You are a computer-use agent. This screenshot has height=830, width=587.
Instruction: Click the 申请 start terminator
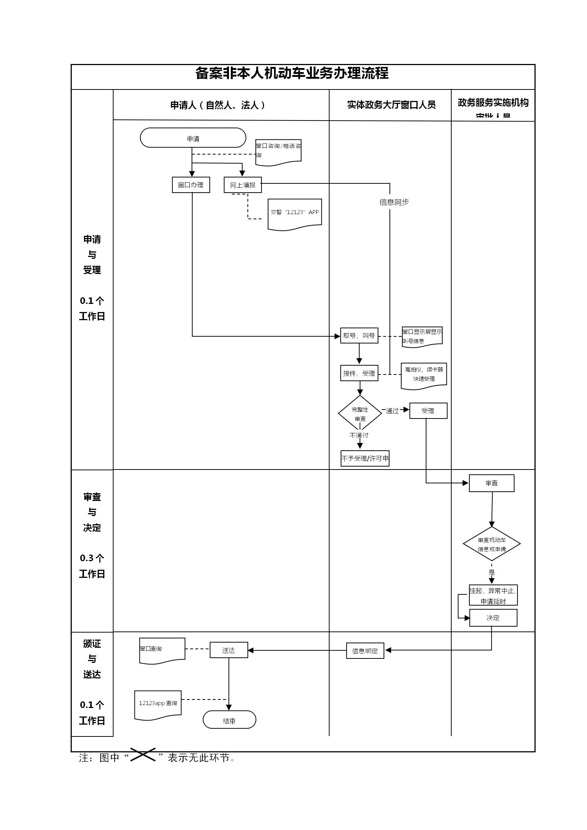[193, 138]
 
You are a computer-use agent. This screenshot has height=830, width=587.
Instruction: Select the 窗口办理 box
[191, 185]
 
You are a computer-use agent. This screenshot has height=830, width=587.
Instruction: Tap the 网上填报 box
[243, 185]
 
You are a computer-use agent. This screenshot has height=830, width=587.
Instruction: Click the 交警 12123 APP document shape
[295, 213]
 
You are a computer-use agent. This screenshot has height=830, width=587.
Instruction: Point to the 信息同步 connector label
[394, 202]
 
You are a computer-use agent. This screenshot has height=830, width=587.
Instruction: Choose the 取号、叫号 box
[359, 336]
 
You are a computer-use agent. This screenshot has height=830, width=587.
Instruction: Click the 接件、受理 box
[359, 373]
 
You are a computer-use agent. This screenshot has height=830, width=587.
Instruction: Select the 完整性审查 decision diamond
[360, 413]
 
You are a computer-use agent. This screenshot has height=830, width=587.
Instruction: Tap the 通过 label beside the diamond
[392, 411]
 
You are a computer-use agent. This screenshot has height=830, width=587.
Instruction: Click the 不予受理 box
[365, 458]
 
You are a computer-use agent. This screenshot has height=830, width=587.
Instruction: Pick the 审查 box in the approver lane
[492, 483]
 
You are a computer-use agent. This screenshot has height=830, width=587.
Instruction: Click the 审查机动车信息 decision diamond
[492, 544]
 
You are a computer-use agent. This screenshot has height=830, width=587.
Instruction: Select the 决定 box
[493, 618]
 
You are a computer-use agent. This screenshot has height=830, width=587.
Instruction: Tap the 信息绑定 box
[365, 651]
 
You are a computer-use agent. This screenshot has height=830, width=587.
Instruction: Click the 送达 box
[229, 650]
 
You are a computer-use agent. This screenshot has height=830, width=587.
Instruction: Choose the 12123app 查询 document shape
[158, 704]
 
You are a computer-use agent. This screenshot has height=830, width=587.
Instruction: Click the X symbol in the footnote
[143, 754]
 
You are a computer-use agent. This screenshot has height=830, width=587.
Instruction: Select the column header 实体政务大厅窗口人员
[391, 105]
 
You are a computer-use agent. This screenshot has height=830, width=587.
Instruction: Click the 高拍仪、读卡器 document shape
[424, 375]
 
